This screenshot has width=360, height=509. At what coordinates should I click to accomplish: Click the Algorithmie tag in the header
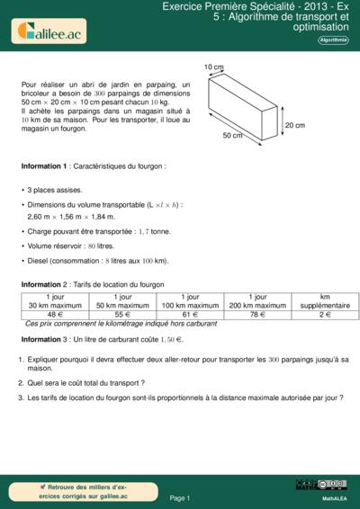(334, 40)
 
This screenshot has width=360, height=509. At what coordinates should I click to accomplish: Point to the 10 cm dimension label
(212, 67)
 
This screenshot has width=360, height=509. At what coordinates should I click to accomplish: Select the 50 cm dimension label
(231, 136)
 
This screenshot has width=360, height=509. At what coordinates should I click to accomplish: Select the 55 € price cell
(122, 315)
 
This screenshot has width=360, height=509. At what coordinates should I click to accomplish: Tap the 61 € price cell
(190, 315)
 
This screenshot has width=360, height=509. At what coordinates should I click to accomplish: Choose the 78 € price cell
(257, 315)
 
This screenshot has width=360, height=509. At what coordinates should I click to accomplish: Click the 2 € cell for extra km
(325, 315)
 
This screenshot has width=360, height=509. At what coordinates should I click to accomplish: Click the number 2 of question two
(21, 381)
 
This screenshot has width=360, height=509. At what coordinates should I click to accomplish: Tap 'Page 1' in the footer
(179, 497)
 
